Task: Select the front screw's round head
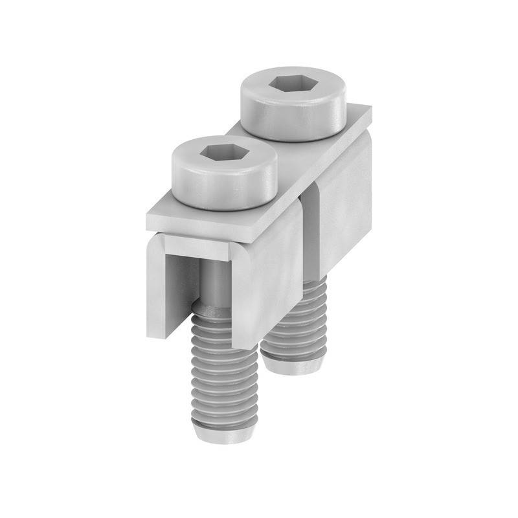point(223,185)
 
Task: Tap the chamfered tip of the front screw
point(225,433)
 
